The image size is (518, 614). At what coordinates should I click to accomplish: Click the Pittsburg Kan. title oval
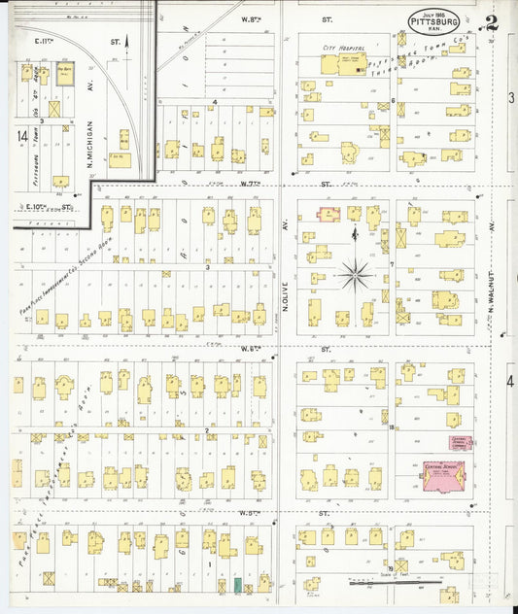430,19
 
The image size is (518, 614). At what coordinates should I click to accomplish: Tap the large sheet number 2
493,23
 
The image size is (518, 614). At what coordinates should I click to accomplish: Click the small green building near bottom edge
236,585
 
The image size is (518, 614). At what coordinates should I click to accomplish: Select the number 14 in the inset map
22,138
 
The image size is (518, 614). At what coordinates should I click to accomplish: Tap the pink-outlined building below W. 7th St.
328,214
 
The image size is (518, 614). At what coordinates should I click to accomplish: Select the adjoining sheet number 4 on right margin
510,380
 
